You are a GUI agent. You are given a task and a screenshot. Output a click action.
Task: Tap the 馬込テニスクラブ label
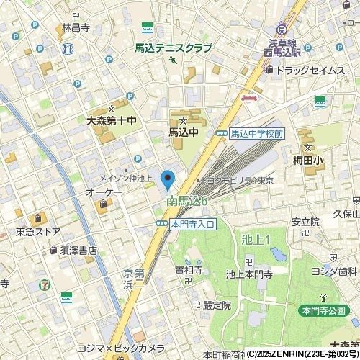pos(173,48)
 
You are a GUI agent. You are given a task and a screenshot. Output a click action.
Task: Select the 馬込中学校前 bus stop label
pos(257,133)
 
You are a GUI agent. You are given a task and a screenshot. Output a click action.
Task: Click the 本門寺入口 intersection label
pos(193,225)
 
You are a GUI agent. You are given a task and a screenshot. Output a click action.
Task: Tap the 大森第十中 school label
pos(111,121)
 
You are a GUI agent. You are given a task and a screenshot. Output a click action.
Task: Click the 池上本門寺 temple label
pos(269,274)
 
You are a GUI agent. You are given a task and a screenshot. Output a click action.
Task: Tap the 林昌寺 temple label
pos(75,28)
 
